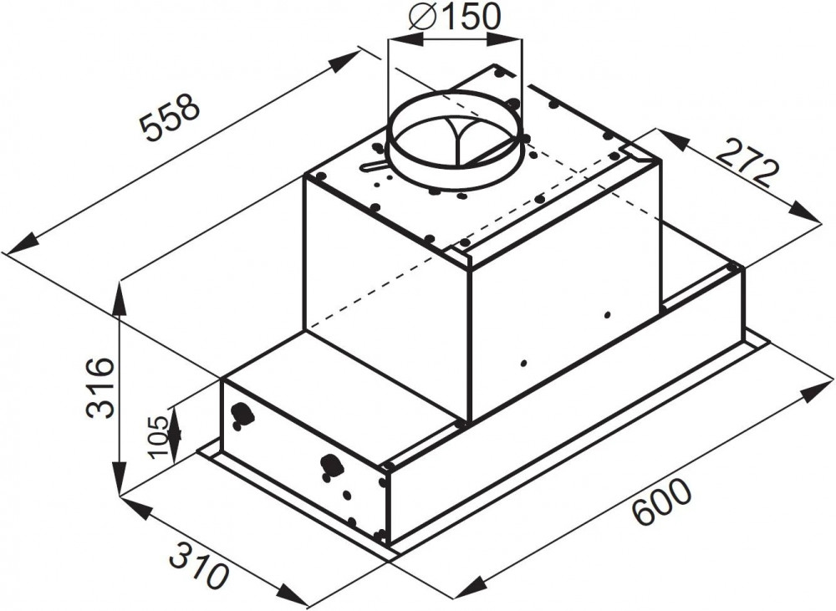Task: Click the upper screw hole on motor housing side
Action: pyautogui.click(x=607, y=315)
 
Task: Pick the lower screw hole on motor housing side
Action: pyautogui.click(x=523, y=364)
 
